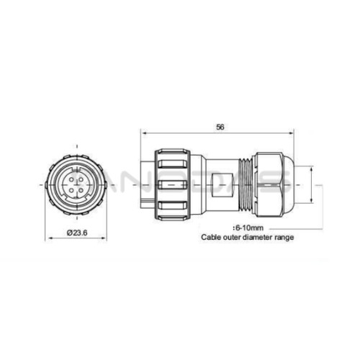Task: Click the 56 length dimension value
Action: point(220,127)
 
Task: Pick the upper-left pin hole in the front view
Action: point(71,179)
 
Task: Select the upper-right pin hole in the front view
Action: point(81,179)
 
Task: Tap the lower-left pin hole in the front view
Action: point(71,191)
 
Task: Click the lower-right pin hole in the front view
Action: point(81,191)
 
